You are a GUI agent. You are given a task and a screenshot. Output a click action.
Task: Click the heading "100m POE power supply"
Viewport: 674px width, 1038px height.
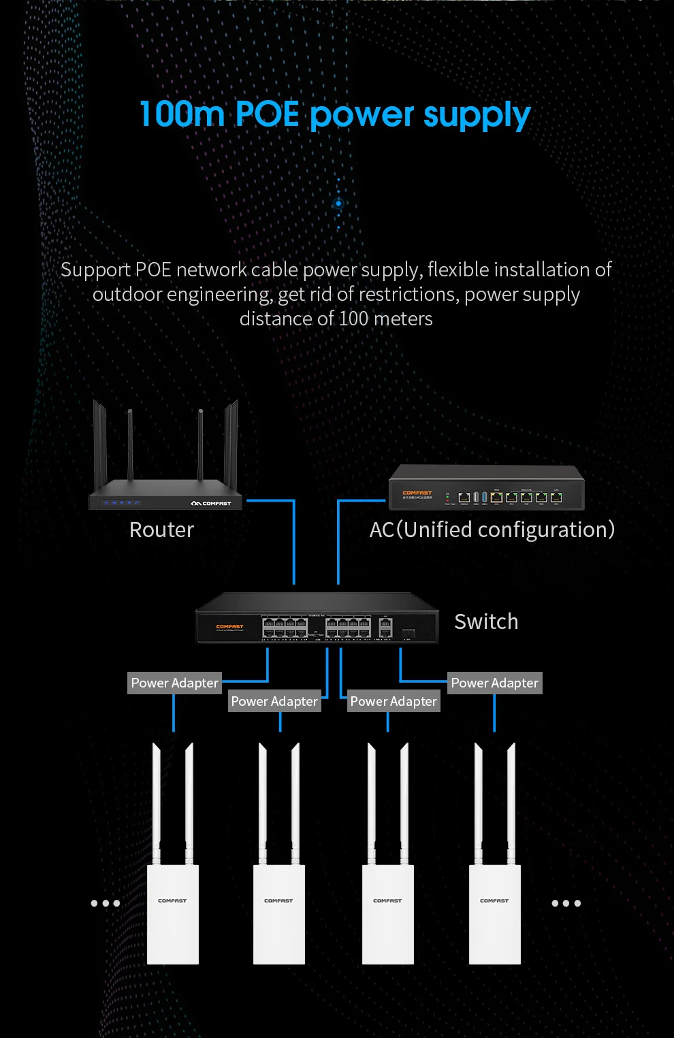(335, 114)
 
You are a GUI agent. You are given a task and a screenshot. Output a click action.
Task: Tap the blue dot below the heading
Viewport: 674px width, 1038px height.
(338, 204)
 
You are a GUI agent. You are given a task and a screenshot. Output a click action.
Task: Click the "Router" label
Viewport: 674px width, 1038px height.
(161, 530)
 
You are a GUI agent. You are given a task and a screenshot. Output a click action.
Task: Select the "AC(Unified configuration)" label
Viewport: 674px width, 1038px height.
(492, 530)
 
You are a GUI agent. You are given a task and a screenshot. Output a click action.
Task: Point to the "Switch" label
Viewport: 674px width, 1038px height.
(486, 621)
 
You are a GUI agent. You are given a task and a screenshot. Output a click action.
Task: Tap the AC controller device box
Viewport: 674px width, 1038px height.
(486, 488)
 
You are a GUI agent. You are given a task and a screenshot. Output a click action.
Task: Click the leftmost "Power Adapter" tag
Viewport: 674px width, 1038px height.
(174, 683)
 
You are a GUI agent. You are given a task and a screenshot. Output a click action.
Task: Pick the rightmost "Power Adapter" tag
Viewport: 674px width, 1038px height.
(494, 683)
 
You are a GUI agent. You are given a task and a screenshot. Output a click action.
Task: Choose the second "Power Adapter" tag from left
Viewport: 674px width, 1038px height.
(274, 701)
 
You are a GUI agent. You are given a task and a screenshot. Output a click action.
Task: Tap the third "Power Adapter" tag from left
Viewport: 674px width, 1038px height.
(394, 701)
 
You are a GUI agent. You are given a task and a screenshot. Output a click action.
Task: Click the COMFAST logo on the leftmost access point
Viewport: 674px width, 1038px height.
(172, 901)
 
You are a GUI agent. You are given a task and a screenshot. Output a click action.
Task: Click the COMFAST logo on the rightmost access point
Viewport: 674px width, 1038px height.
(494, 901)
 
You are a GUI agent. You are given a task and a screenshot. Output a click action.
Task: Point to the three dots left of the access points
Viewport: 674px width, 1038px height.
(106, 903)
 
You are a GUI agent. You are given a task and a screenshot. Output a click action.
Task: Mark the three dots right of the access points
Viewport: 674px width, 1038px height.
(566, 903)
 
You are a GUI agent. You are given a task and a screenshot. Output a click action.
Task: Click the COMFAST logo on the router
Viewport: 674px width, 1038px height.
(212, 504)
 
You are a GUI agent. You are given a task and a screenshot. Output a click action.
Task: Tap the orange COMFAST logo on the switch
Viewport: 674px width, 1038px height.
(229, 626)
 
